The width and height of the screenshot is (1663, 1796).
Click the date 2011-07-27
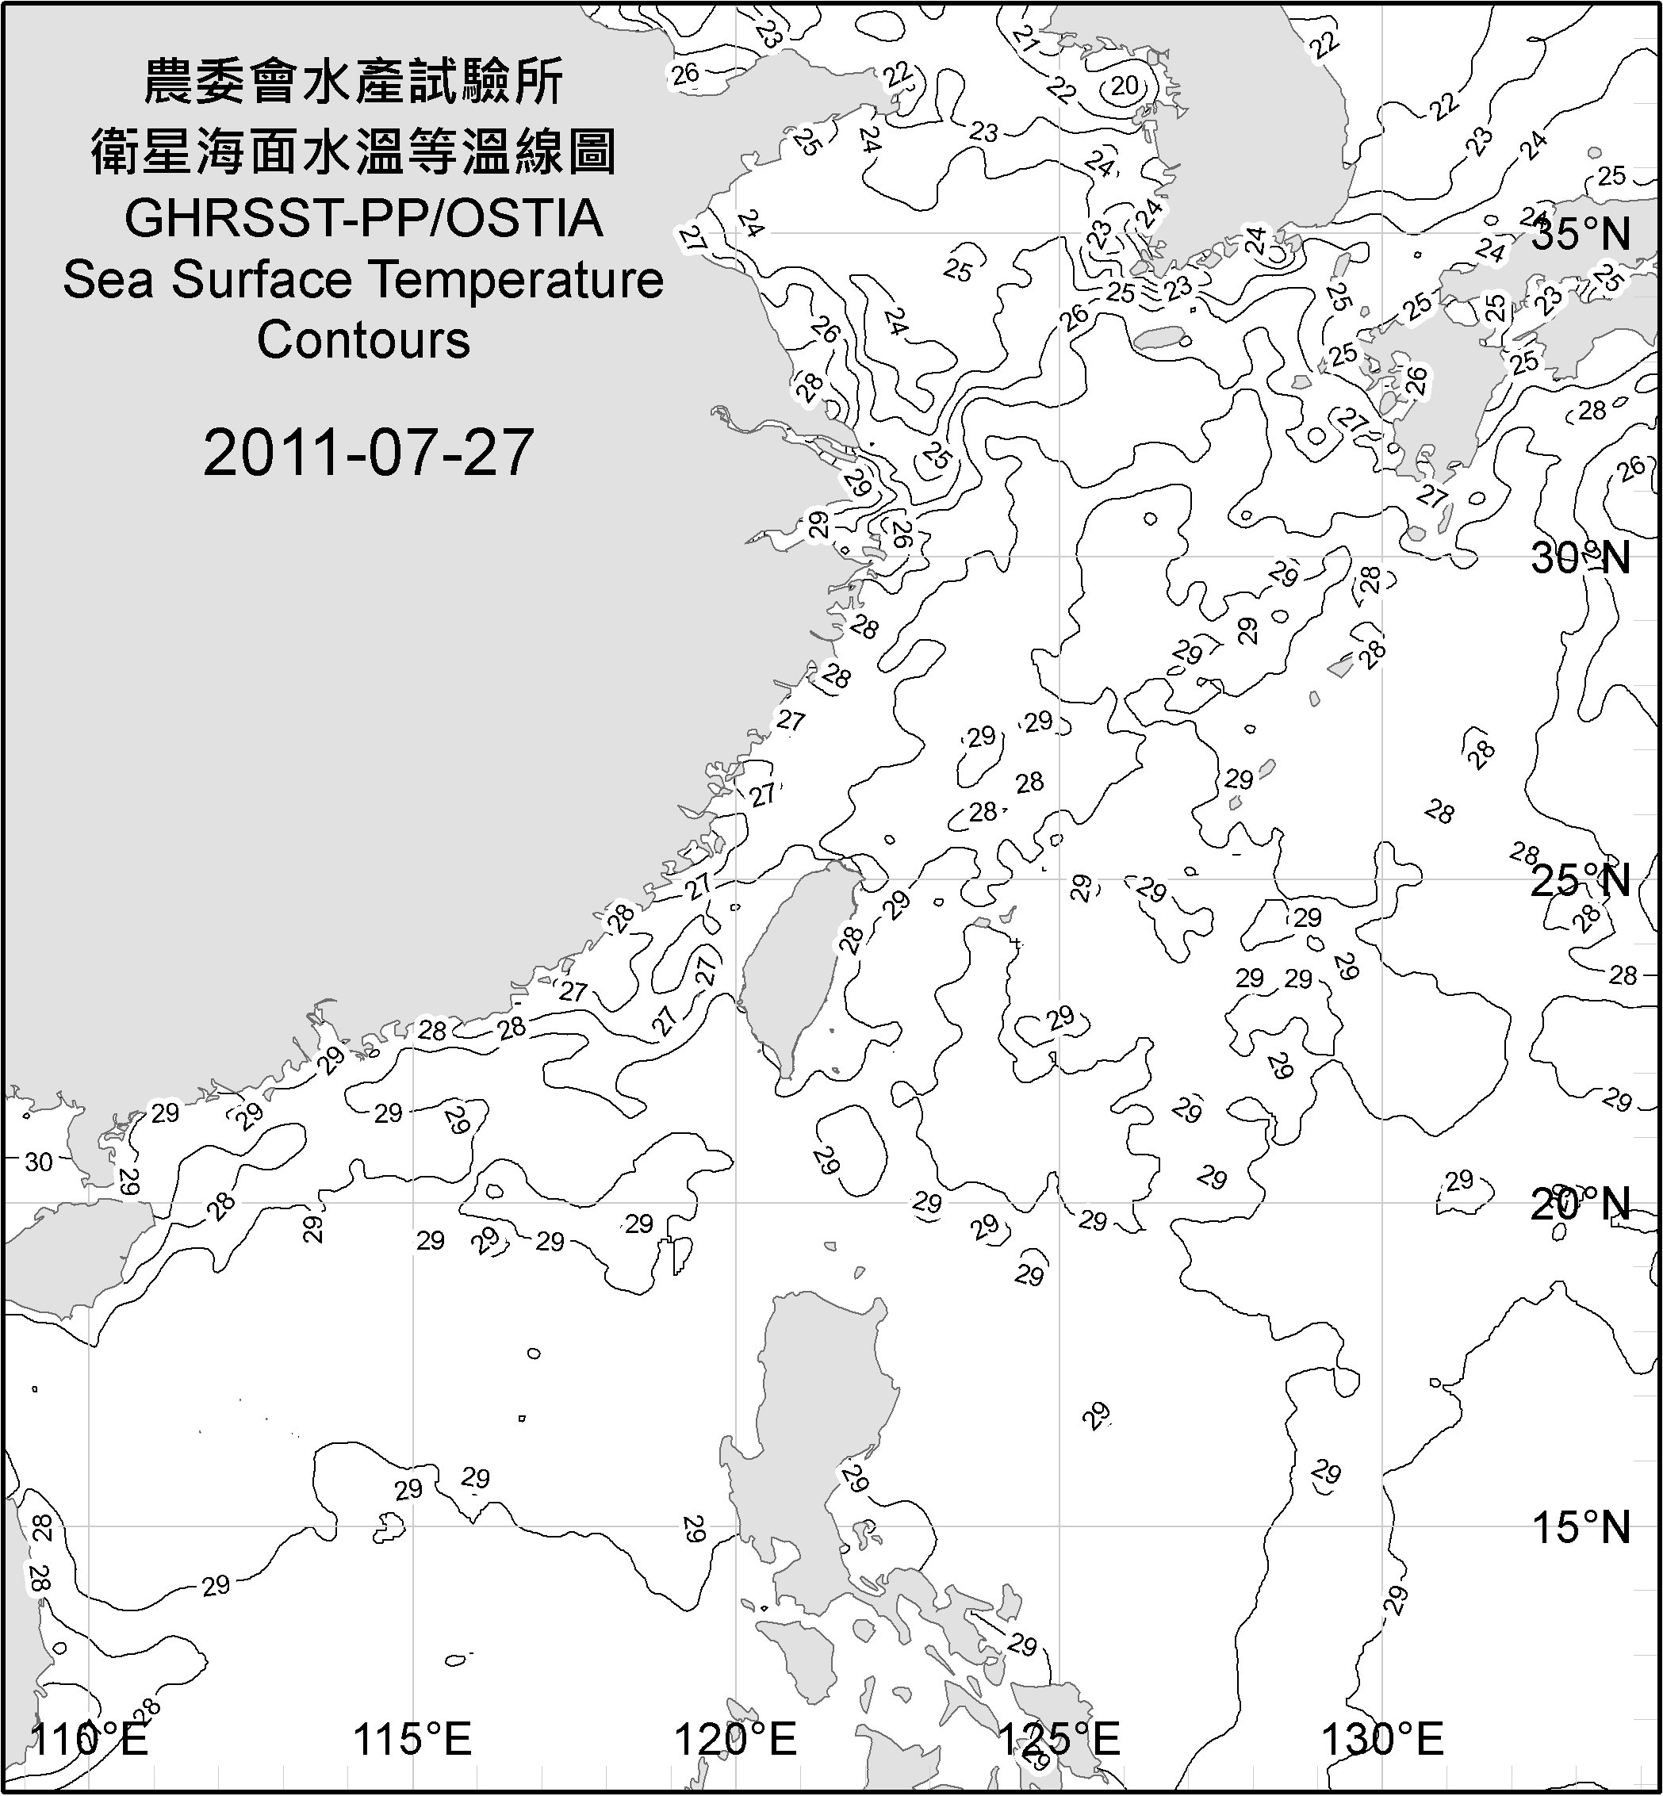point(369,453)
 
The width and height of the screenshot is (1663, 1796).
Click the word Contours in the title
point(363,340)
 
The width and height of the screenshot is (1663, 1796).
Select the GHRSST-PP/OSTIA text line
point(363,219)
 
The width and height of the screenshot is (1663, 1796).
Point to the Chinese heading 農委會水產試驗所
point(354,82)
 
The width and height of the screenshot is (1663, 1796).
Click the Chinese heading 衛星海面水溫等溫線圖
point(354,151)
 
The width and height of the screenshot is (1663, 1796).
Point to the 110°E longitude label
point(90,1738)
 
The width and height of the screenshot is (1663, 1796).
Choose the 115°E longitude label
point(413,1738)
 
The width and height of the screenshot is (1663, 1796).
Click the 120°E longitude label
point(736,1738)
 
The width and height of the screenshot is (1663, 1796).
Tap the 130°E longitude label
point(1382,1738)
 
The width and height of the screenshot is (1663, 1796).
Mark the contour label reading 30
point(39,1162)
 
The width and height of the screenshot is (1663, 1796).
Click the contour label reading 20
point(1125,86)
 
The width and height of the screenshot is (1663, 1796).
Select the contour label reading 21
point(1025,38)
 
